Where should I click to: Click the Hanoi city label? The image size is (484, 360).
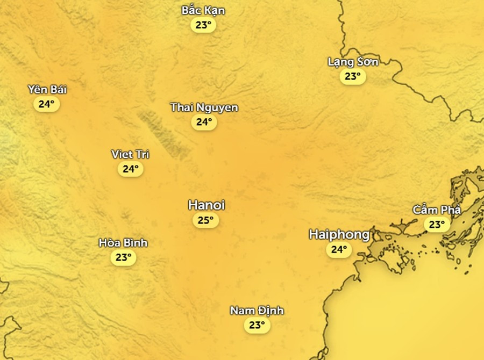click(206, 205)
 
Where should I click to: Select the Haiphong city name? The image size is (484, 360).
click(339, 234)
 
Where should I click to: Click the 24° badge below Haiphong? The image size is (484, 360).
click(339, 249)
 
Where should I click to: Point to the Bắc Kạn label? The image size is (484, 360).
click(203, 11)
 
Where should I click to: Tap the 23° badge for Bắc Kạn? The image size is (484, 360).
click(203, 25)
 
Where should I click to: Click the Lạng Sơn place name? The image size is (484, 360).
click(353, 62)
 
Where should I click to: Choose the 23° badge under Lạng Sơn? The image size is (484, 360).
click(353, 76)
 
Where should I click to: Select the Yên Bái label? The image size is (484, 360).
click(47, 90)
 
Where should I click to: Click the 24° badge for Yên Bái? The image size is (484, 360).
click(47, 104)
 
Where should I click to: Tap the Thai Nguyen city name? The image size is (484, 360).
click(204, 107)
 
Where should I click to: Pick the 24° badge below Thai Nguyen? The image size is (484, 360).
click(204, 122)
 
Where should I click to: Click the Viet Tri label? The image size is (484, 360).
click(130, 155)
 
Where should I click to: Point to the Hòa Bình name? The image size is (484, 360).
click(123, 243)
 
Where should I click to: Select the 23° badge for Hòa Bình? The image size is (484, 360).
click(123, 257)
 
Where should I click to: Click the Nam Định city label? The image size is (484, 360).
click(257, 311)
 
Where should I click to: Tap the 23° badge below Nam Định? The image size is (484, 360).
click(257, 325)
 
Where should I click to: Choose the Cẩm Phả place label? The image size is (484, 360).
click(437, 210)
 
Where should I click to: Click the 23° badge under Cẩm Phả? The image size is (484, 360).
click(437, 224)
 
